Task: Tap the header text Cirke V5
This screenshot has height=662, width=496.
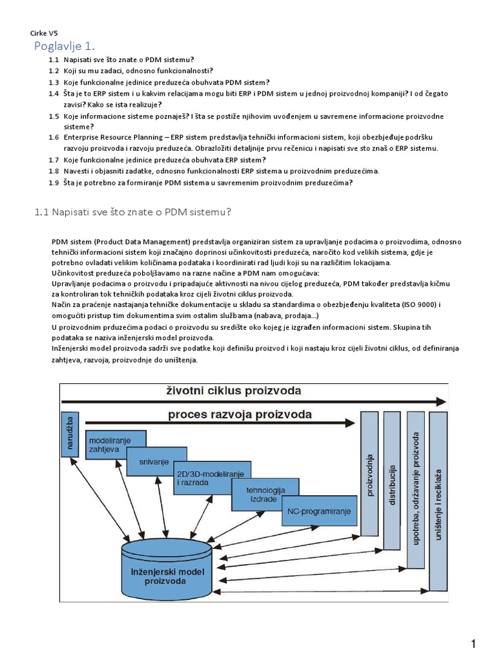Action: pyautogui.click(x=45, y=33)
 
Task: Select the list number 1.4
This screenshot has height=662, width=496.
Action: pyautogui.click(x=54, y=94)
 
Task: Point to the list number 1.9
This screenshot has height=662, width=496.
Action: pyautogui.click(x=54, y=182)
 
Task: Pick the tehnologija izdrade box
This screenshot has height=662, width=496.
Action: pyautogui.click(x=265, y=494)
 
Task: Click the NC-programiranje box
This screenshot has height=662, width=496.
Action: pyautogui.click(x=319, y=511)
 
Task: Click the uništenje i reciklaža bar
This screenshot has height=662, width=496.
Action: pyautogui.click(x=439, y=501)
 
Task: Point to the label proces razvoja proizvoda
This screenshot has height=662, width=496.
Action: pyautogui.click(x=240, y=414)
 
